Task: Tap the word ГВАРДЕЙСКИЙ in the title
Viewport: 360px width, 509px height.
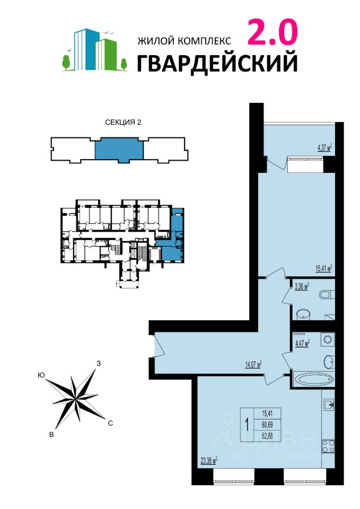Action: pos(217,63)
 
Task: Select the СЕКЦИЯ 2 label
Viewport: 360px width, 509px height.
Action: pos(123,122)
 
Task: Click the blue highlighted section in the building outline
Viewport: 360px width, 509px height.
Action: pos(119,150)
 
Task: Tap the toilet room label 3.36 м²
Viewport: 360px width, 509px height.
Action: pos(302,286)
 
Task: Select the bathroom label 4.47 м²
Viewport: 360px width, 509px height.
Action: pos(302,343)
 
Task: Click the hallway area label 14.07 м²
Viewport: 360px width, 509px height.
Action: pos(253,365)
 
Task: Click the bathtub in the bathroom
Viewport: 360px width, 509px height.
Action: pos(313,379)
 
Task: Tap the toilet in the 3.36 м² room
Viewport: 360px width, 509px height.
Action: pos(327,295)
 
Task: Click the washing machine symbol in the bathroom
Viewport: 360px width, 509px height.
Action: pos(328,339)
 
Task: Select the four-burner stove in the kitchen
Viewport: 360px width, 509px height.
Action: pos(328,446)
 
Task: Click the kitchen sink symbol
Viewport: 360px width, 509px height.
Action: pos(329,405)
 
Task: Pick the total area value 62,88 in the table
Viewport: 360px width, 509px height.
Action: pos(267,436)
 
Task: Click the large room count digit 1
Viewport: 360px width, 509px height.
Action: pos(248,425)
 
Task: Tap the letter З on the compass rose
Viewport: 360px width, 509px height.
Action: pos(99,363)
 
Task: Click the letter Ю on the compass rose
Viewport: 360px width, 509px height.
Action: pos(41,375)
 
